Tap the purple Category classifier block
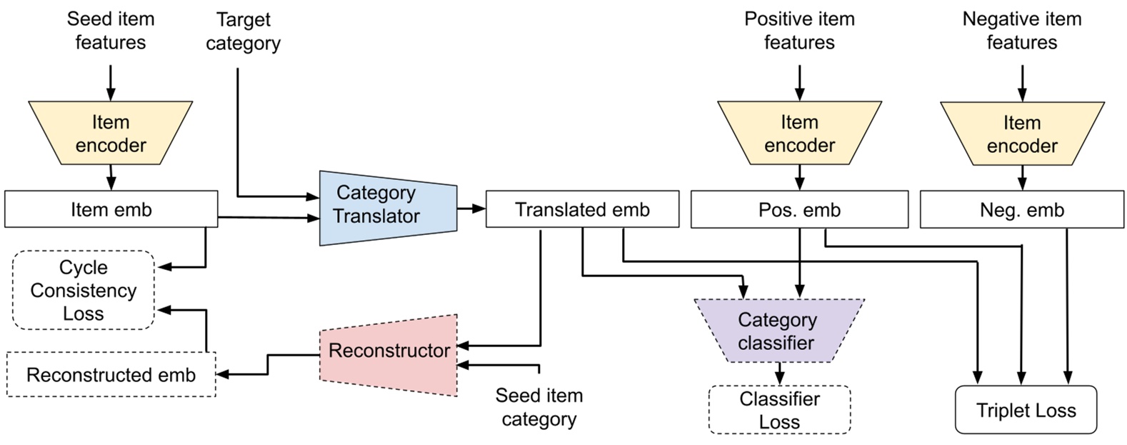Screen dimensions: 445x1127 click(x=778, y=331)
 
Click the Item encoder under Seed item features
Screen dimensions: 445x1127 click(x=111, y=134)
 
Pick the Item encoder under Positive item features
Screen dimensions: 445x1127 click(x=799, y=134)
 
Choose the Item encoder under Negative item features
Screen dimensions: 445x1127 click(x=1021, y=134)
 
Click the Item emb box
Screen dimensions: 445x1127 click(x=111, y=209)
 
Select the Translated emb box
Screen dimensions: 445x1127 click(x=582, y=209)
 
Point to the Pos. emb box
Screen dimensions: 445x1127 click(x=799, y=210)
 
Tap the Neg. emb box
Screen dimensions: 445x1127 click(x=1021, y=210)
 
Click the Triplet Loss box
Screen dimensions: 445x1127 click(x=1026, y=410)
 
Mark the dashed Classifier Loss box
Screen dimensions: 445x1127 click(x=779, y=410)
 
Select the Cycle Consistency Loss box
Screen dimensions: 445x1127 click(x=84, y=290)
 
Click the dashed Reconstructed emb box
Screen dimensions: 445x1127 click(x=111, y=375)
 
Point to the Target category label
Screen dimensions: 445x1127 click(x=243, y=31)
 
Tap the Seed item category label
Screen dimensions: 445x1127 click(x=539, y=407)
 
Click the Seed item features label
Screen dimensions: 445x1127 click(x=111, y=31)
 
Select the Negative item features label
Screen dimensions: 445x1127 click(x=1021, y=31)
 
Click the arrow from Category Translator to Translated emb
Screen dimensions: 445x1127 click(x=471, y=209)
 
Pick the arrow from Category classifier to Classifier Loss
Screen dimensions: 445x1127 click(x=779, y=374)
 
